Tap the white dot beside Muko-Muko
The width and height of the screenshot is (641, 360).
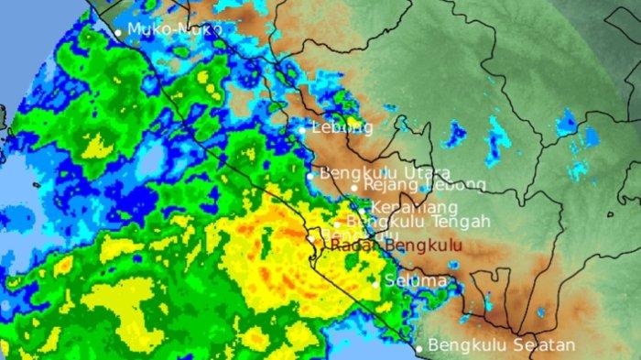(x=118, y=32)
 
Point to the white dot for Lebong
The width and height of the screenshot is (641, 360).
(x=302, y=130)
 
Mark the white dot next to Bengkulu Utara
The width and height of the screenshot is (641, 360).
(x=310, y=175)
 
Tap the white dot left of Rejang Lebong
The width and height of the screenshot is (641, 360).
(x=354, y=187)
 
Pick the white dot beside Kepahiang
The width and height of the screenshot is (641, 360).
(x=363, y=210)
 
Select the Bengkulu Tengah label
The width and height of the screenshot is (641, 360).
(x=419, y=222)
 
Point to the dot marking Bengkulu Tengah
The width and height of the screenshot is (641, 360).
(x=337, y=224)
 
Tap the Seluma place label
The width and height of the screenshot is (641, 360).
(x=416, y=280)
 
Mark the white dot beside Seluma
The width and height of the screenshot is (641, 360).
(x=375, y=283)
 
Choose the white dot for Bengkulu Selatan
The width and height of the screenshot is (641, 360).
(x=419, y=348)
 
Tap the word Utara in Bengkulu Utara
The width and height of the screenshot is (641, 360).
(x=426, y=172)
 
